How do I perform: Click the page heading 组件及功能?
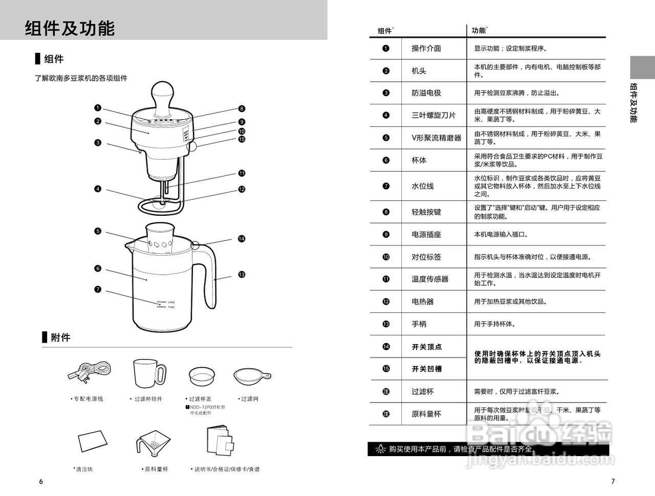70,28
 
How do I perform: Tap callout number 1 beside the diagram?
97,108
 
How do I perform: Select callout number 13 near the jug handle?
242,275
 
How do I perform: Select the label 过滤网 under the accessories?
249,399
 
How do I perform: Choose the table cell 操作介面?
426,49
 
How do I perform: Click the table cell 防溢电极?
426,93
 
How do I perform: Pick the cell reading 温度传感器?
430,279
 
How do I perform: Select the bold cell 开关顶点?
427,347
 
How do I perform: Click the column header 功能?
478,31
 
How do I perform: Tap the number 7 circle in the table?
386,186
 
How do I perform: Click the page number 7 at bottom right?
613,481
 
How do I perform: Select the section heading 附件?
60,337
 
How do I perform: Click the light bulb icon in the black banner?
380,449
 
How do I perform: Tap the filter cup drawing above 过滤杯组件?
149,373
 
